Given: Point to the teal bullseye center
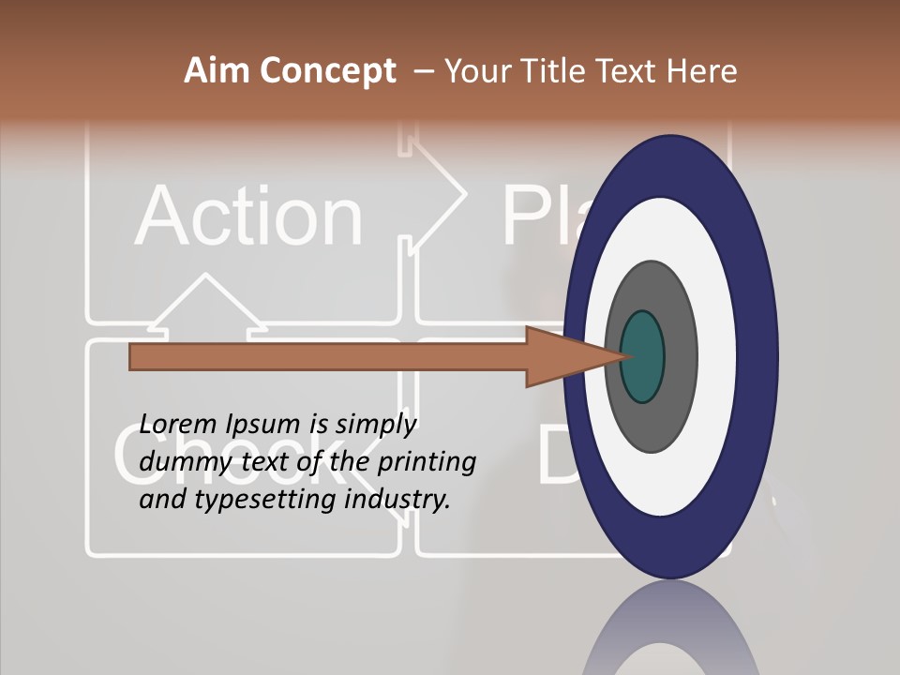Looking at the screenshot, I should tap(642, 356).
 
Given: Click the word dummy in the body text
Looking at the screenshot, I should tap(177, 462).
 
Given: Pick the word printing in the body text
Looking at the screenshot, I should tap(427, 463).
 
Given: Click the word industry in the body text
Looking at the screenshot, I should tap(397, 500).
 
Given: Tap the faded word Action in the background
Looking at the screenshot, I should tap(248, 217).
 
